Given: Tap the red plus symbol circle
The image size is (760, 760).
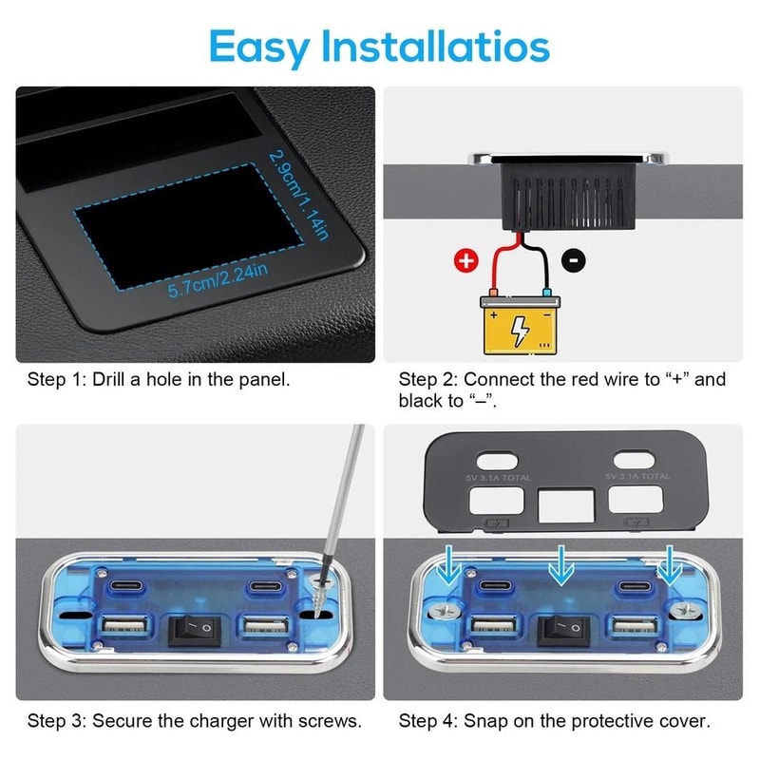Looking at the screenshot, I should pyautogui.click(x=465, y=261).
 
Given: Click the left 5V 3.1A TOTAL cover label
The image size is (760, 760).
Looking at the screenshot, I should pyautogui.click(x=499, y=477).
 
